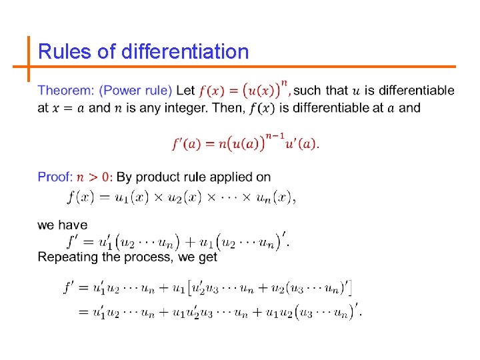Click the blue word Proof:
click(55, 177)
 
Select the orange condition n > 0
click(95, 177)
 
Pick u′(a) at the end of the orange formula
click(301, 144)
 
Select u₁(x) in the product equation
click(129, 197)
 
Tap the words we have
click(63, 225)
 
